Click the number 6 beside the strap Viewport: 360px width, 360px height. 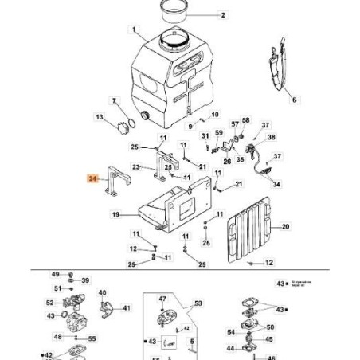click(x=292, y=100)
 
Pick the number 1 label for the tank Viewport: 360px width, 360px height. click(x=135, y=32)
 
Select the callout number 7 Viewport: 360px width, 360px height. click(x=114, y=101)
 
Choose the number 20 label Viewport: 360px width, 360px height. click(x=286, y=227)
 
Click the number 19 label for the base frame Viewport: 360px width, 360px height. click(x=115, y=215)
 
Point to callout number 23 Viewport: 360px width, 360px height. click(x=136, y=167)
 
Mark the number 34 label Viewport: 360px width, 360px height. click(x=277, y=184)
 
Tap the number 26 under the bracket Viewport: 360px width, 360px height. click(x=227, y=161)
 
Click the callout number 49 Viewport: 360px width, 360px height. click(x=57, y=273)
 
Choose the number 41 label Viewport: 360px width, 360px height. click(x=126, y=307)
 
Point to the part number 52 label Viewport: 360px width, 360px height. click(x=49, y=303)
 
